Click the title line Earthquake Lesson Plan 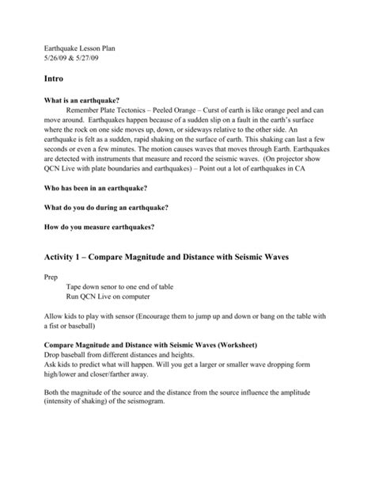point(76,44)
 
